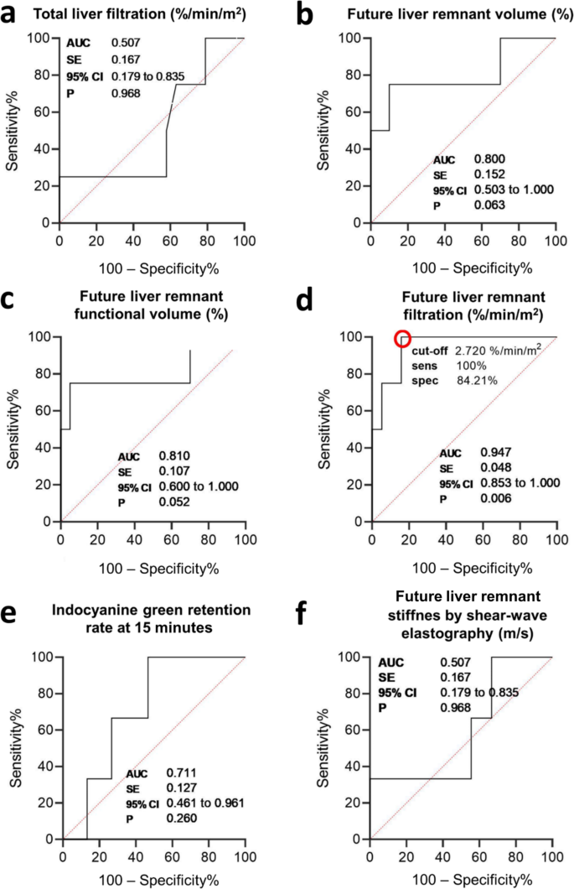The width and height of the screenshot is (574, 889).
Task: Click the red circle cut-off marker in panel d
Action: tap(402, 338)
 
